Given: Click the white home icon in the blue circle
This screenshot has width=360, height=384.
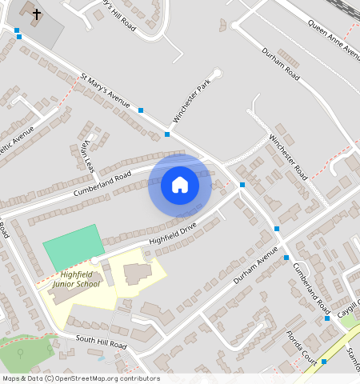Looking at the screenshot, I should (180, 185).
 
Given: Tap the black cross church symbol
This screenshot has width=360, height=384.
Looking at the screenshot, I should (36, 14).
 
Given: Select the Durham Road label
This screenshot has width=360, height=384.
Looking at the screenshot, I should (281, 64).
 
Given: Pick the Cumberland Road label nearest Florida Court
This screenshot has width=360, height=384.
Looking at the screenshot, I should (311, 287).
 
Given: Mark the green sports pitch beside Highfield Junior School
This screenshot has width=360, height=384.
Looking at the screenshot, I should (74, 246).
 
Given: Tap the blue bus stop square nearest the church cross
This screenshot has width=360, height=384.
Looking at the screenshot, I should (18, 30).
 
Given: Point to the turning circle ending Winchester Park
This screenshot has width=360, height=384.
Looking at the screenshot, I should (217, 74).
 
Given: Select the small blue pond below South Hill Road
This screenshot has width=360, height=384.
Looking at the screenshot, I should (101, 358).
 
